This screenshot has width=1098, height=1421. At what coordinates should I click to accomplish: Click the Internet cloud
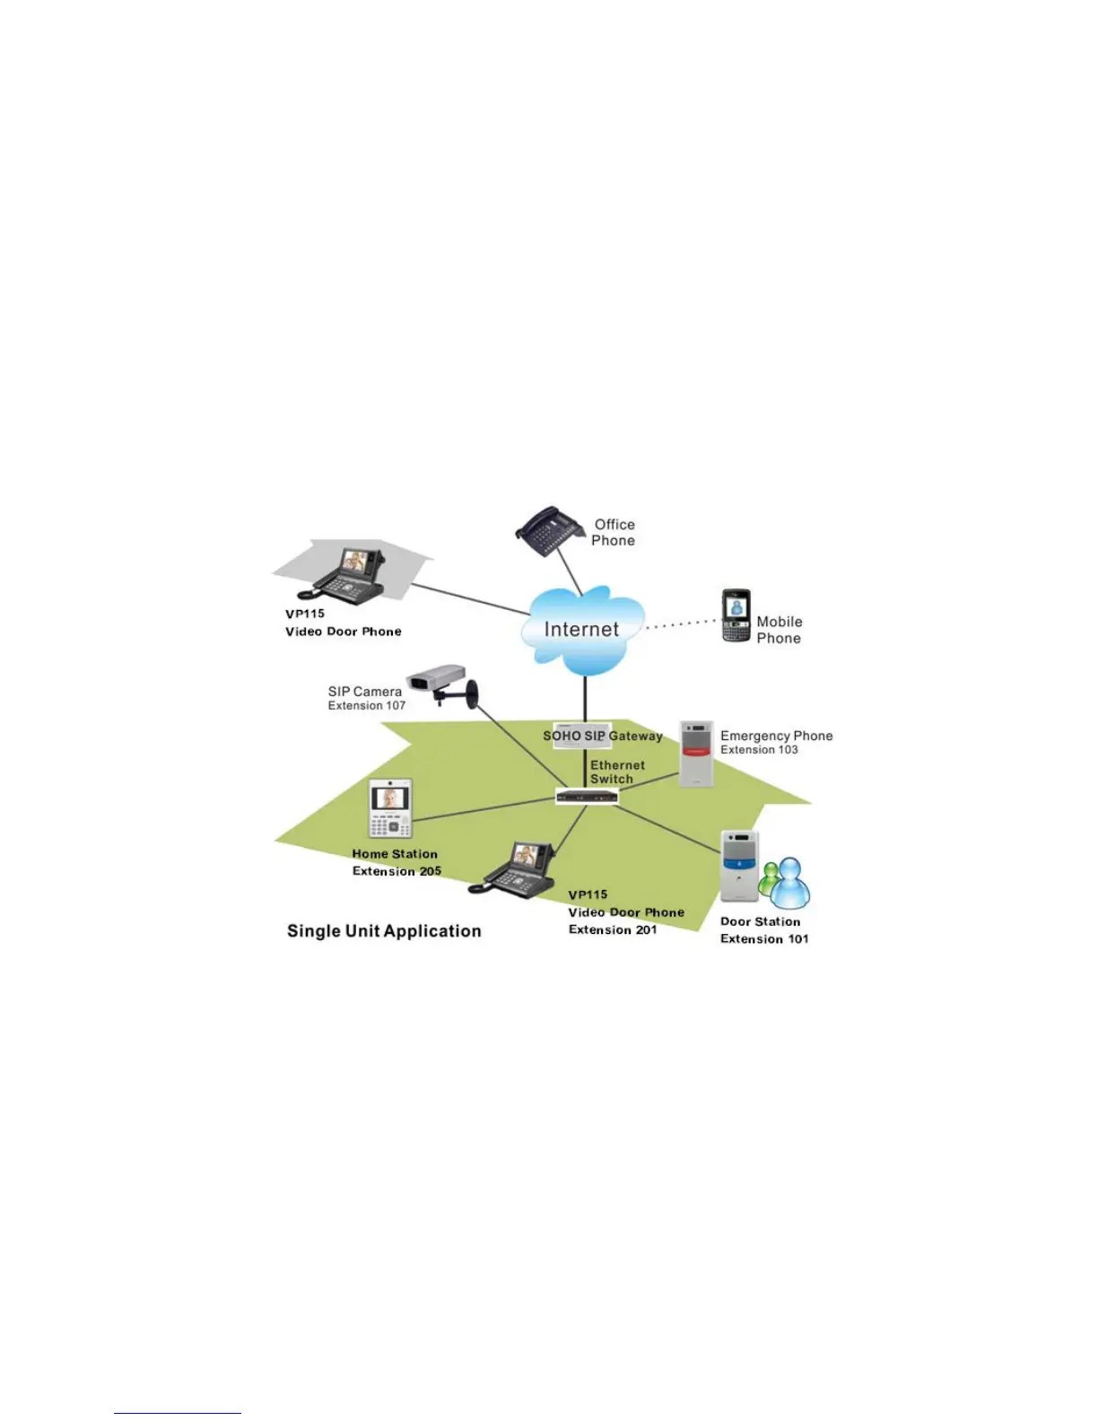582,630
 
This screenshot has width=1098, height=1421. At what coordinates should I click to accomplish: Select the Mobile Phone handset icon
736,615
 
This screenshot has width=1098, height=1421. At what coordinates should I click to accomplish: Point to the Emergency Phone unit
696,754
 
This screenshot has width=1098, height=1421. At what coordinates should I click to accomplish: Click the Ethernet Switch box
587,796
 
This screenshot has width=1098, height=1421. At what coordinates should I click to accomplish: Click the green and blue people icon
785,882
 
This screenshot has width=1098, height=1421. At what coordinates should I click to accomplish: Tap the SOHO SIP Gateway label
602,737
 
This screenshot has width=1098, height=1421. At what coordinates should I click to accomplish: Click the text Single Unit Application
384,931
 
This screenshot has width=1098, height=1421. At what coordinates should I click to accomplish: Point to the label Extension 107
366,706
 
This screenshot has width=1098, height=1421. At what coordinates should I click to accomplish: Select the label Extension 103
759,750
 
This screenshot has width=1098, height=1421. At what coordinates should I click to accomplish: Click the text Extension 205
396,871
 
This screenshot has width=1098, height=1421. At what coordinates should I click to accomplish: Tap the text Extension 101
764,939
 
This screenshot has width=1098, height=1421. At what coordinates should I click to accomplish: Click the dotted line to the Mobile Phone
682,623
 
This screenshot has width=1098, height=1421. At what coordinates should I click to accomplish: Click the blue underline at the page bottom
178,1413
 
